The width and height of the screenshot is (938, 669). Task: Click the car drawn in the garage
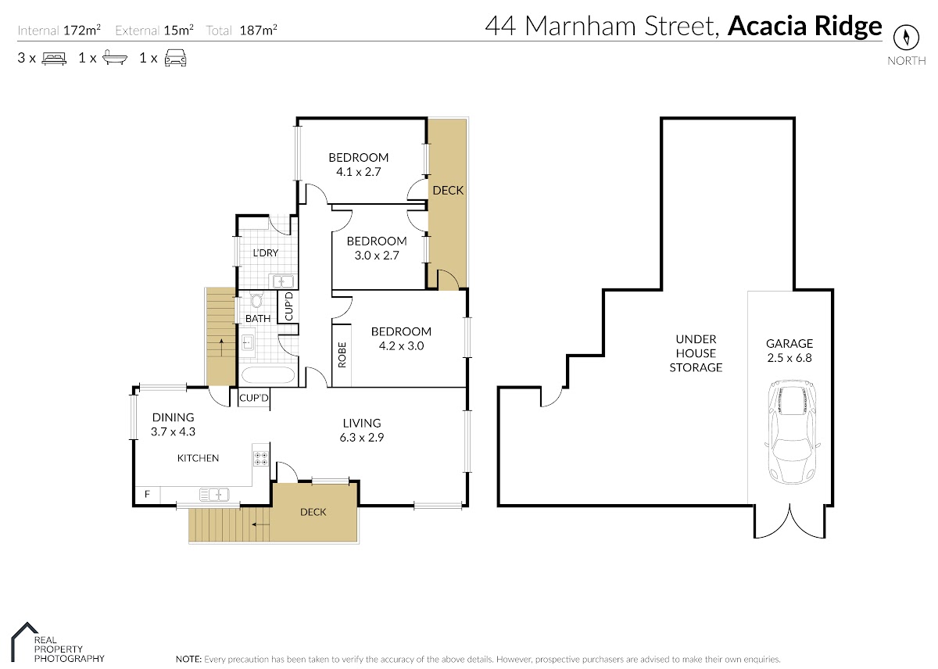tap(790, 431)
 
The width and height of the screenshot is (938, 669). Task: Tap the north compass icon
tap(907, 38)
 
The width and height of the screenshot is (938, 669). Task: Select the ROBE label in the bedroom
tap(342, 355)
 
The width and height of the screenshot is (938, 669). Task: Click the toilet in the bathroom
tap(256, 300)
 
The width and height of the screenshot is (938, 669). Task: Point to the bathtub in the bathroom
tap(268, 375)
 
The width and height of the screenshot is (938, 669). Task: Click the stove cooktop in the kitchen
tap(261, 459)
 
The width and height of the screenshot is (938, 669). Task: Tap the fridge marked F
tap(148, 495)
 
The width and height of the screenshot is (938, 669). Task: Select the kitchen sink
tap(214, 495)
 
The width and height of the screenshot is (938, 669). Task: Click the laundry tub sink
tap(283, 281)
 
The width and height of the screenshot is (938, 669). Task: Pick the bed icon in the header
tap(54, 58)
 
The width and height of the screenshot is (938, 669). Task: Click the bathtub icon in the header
tap(115, 57)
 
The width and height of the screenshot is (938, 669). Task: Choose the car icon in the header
tap(175, 58)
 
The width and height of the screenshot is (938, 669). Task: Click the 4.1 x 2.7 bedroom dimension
tap(359, 172)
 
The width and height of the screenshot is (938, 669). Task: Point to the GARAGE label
tap(789, 343)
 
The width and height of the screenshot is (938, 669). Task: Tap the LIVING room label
tap(362, 423)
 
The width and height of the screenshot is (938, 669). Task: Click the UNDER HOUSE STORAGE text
tap(696, 353)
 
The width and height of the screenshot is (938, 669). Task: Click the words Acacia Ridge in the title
tap(805, 26)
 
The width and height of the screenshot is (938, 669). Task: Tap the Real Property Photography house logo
tap(24, 642)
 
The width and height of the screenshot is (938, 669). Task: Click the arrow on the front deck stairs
tap(260, 524)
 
